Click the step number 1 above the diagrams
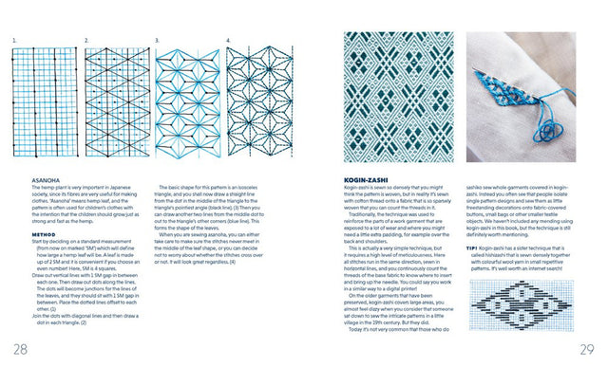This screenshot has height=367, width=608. (14, 40)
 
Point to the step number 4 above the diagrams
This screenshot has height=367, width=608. (228, 40)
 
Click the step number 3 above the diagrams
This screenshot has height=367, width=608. (157, 40)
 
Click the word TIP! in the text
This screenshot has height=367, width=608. (473, 271)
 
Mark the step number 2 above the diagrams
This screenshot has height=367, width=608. (85, 40)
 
